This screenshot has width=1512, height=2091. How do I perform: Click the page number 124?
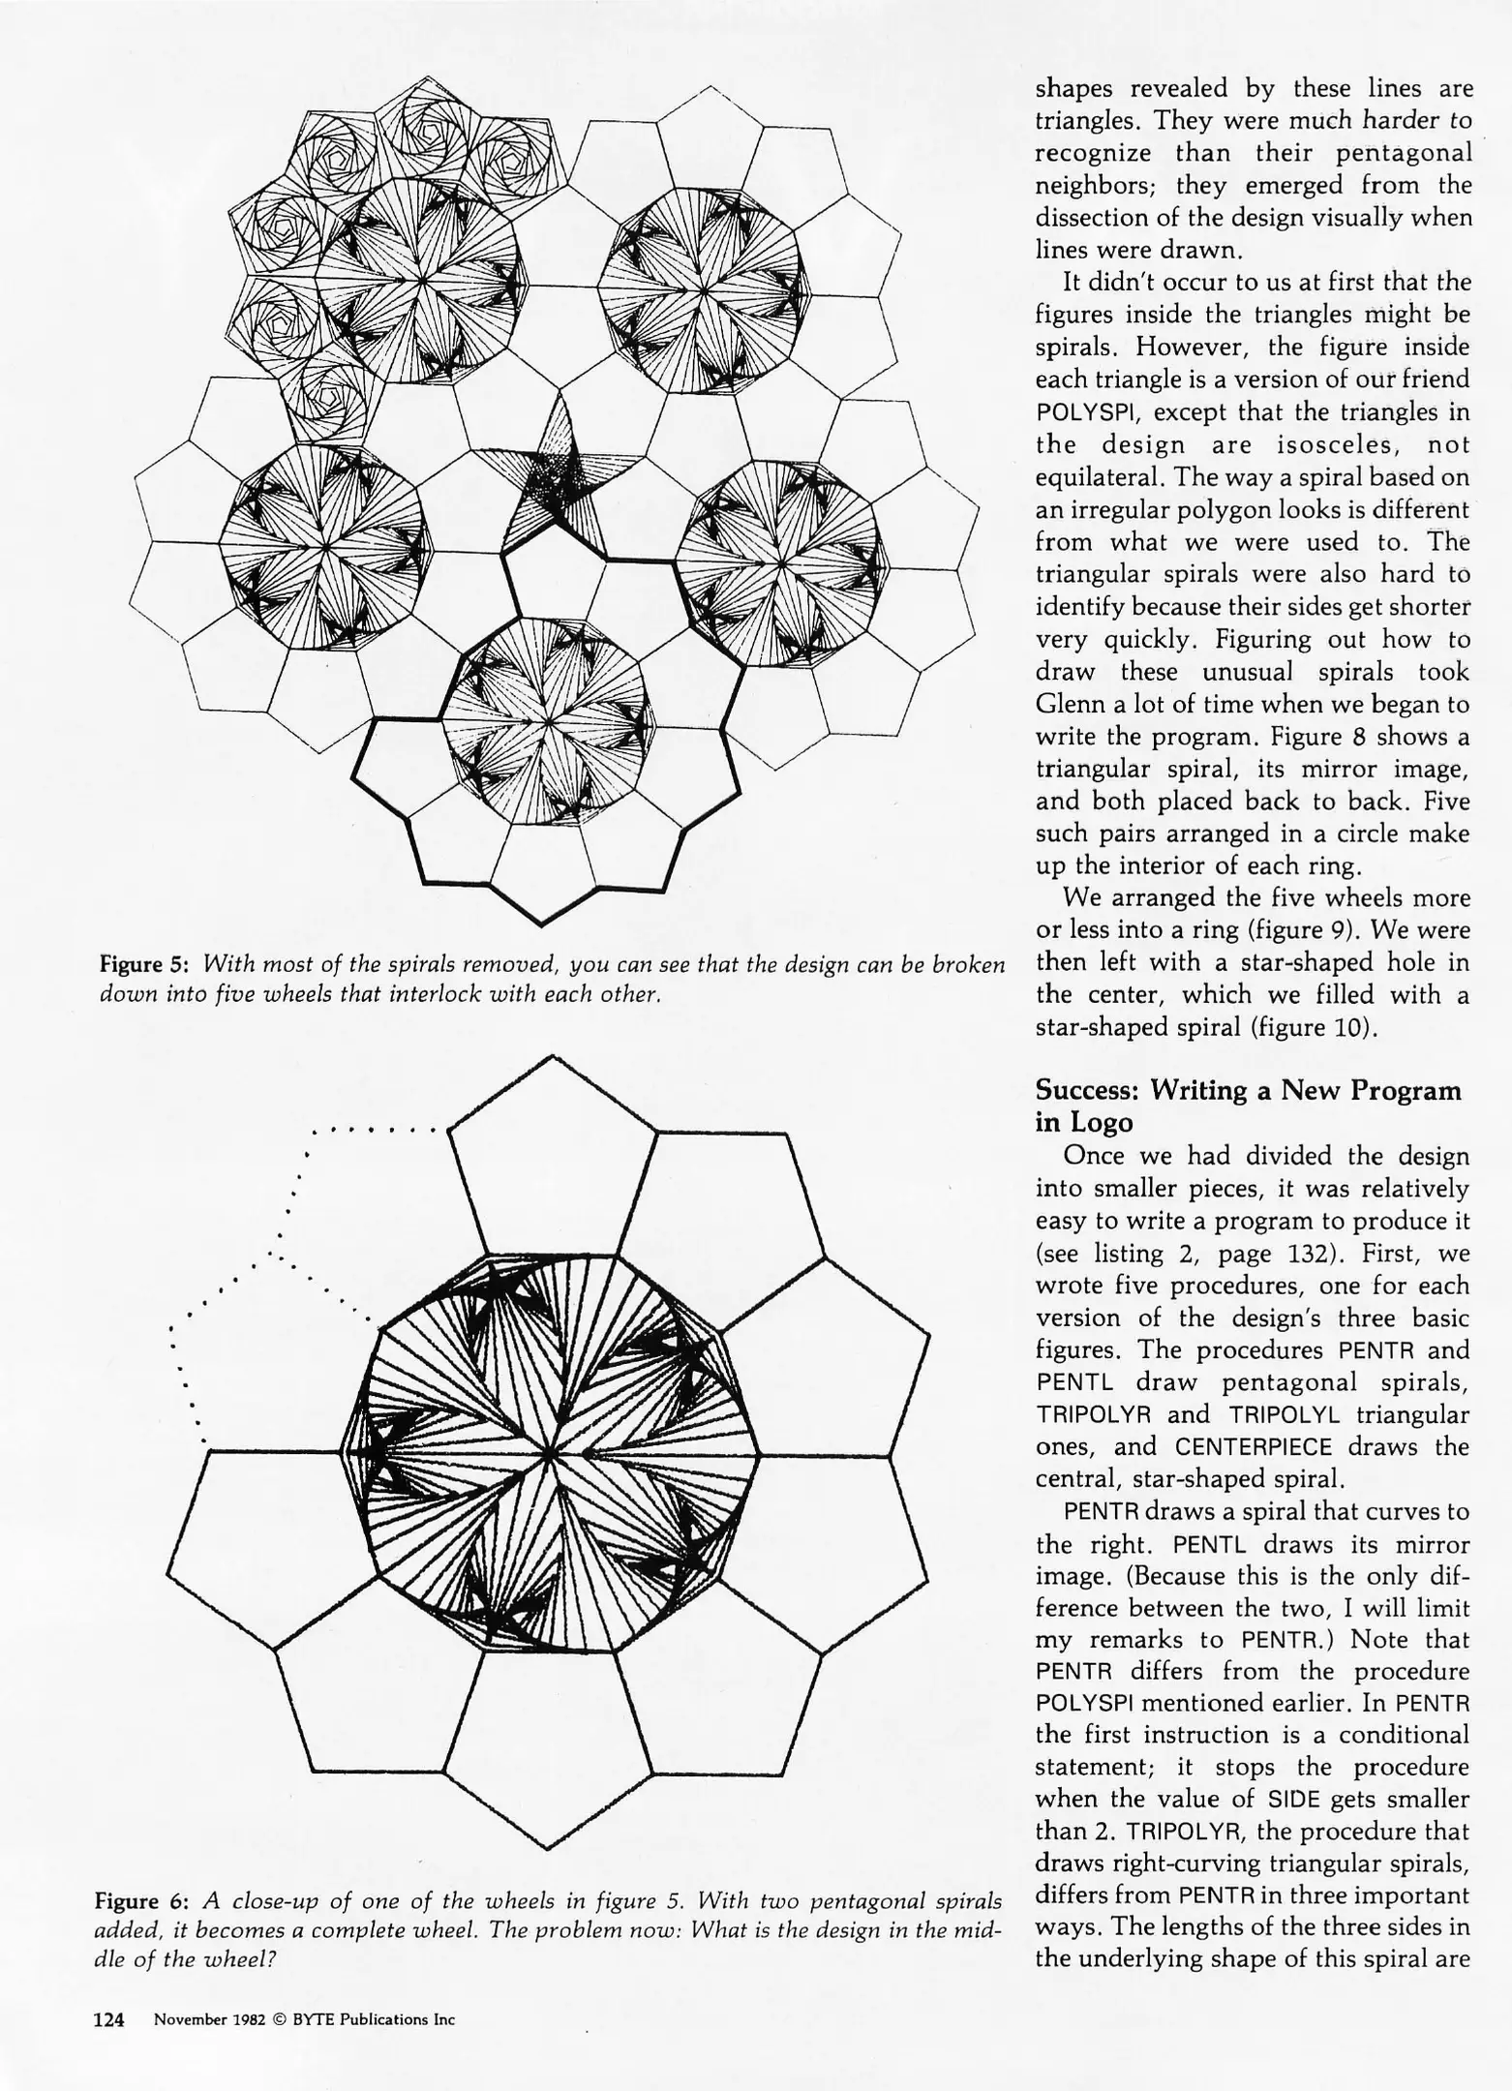pyautogui.click(x=108, y=2018)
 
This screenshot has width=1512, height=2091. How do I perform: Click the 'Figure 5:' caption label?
pyautogui.click(x=145, y=964)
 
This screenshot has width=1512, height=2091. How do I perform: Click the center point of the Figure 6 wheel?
pyautogui.click(x=550, y=1454)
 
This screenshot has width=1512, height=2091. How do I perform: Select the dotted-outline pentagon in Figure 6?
pyautogui.click(x=281, y=1297)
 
